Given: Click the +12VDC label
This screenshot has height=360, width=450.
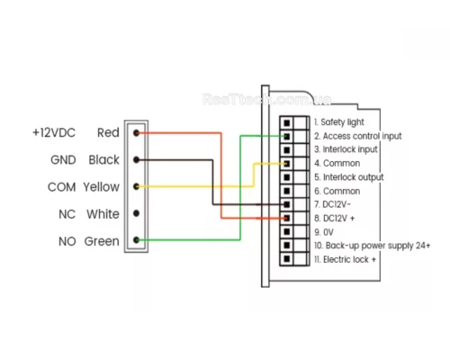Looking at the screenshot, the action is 54,132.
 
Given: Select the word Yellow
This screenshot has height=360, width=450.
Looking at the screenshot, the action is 102,187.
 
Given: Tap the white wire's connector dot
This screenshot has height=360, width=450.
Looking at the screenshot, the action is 136,213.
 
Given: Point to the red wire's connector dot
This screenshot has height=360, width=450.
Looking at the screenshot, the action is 136,133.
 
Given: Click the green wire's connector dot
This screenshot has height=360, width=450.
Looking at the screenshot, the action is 136,240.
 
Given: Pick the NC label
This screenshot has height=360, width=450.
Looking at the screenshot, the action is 67,214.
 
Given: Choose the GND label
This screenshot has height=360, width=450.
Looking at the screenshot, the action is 63,160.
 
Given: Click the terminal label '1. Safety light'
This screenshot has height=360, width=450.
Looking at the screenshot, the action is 339,122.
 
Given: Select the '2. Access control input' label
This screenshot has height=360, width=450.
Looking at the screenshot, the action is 358,136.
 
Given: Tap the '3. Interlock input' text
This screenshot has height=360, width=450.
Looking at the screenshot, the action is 346,149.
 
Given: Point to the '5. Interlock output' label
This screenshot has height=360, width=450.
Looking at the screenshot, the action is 349,177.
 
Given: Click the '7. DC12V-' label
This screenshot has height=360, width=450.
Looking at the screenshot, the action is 332,204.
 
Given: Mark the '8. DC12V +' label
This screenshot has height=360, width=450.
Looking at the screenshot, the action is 335,219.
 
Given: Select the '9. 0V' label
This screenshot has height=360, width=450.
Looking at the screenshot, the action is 324,232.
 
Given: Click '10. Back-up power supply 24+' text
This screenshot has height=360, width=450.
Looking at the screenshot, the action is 373,246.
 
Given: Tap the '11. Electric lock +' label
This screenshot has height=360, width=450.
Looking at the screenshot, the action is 345,259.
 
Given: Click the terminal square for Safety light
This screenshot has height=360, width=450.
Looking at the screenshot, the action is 287,122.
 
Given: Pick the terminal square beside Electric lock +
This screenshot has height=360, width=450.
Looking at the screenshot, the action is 287,258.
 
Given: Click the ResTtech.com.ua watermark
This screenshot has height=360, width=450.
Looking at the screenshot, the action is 266,99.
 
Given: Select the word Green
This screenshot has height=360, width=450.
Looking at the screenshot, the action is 102,241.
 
